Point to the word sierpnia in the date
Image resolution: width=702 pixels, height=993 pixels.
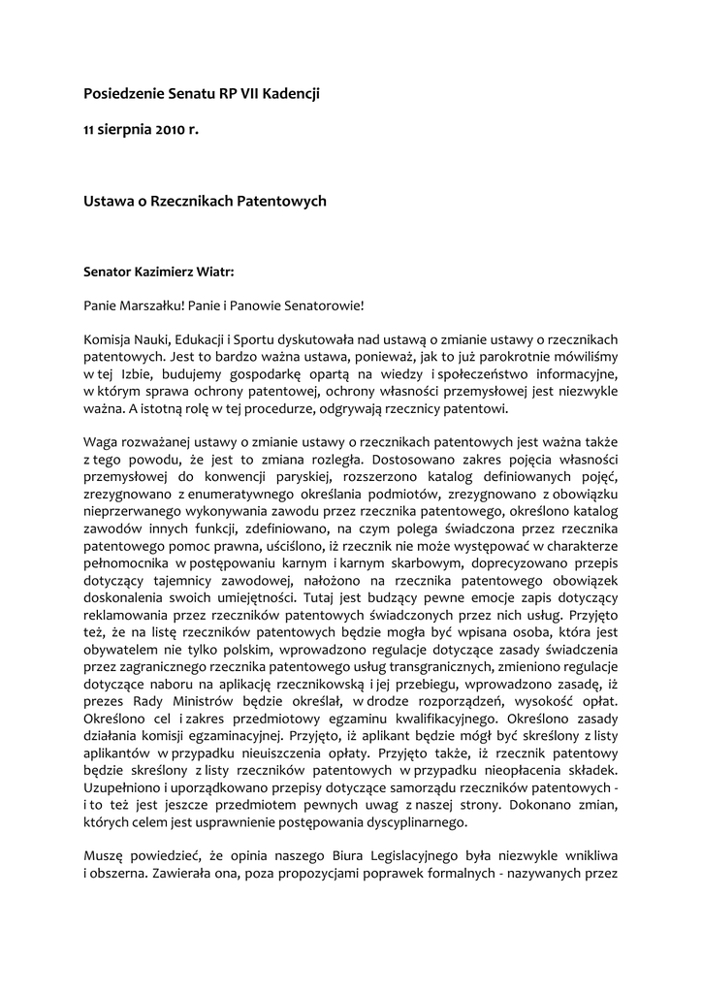123,129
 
